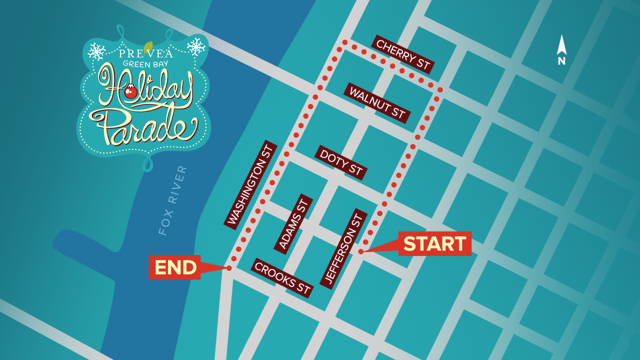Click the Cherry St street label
403,55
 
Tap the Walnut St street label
377,102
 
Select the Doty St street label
341,162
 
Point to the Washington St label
250,185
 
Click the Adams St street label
293,224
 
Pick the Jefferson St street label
343,248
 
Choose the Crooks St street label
282,278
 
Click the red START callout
434,243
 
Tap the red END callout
175,267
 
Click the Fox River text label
172,200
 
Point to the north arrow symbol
561,45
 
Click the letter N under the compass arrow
561,61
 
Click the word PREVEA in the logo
146,53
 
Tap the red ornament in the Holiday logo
131,91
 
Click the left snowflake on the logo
96,50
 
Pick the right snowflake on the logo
196,46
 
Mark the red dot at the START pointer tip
360,251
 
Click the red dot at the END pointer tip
229,268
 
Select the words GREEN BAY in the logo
146,63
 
